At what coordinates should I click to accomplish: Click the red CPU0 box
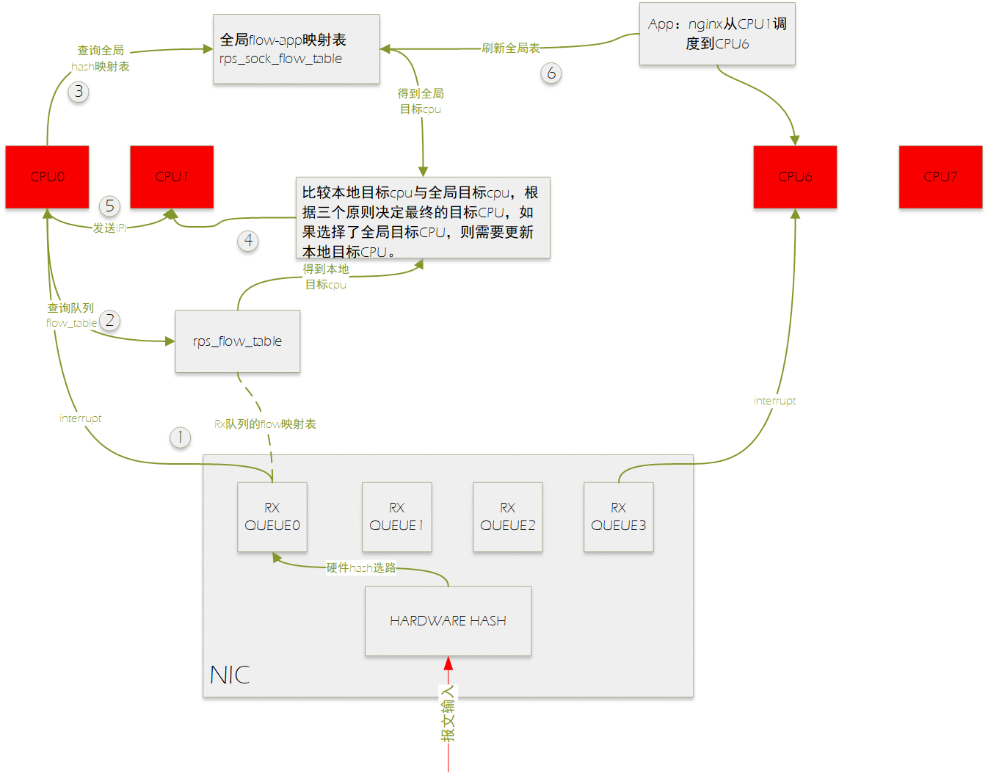click(47, 177)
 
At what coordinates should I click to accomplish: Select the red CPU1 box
click(172, 177)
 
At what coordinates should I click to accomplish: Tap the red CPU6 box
click(795, 177)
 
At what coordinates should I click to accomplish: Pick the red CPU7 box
click(940, 177)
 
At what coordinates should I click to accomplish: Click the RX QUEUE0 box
click(272, 517)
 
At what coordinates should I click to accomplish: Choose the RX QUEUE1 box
click(397, 517)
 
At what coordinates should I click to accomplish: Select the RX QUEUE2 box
click(508, 517)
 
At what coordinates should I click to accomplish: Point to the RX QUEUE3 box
click(619, 517)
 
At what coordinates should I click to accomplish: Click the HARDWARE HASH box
click(448, 621)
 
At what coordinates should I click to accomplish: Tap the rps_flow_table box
click(237, 341)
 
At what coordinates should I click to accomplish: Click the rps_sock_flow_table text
click(280, 59)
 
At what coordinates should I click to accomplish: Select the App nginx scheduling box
click(717, 34)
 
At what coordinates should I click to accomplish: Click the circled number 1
click(180, 438)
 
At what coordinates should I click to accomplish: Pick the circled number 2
click(109, 321)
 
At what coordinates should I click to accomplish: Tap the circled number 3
click(79, 92)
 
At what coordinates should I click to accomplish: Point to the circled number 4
click(248, 241)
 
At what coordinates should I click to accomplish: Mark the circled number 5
click(109, 206)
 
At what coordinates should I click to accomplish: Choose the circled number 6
click(551, 73)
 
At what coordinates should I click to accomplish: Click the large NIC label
click(230, 675)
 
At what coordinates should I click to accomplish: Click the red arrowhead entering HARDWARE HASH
click(448, 664)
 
